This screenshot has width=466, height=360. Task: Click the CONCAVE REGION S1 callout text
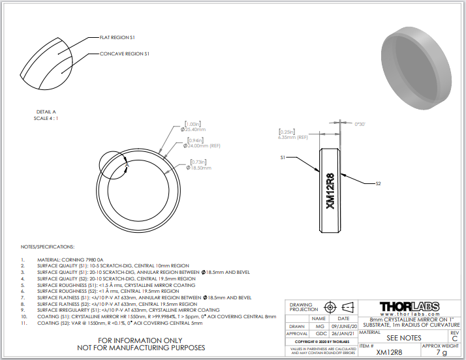125,53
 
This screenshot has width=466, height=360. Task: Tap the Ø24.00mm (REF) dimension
204,145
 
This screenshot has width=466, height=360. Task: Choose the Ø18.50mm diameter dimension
198,168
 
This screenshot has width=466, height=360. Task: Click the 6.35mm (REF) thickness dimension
293,138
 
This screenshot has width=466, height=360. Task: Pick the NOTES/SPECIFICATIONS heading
48,247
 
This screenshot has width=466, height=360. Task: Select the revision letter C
454,338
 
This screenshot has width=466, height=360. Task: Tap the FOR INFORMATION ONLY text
141,340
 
